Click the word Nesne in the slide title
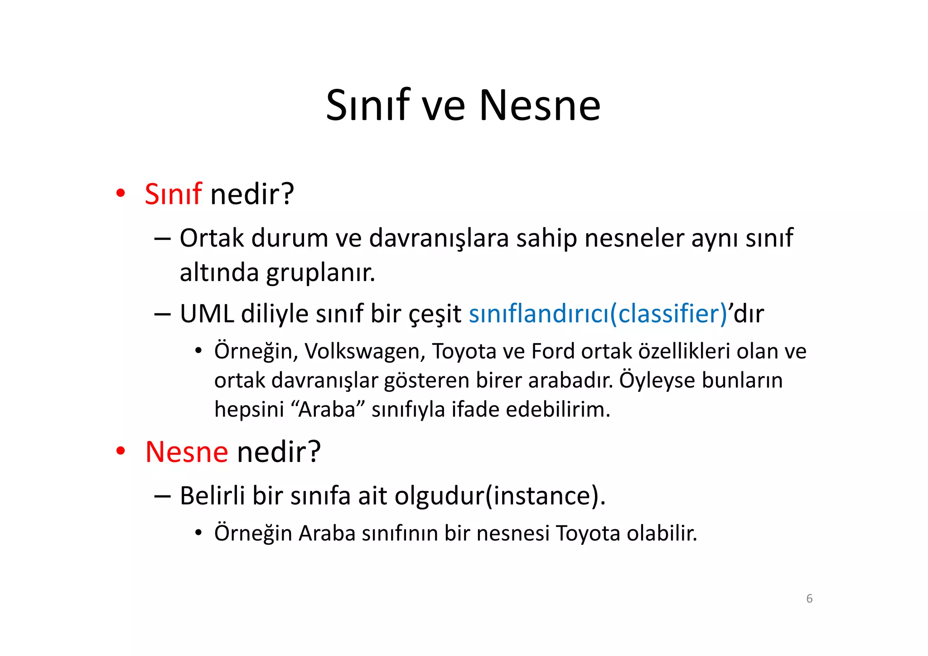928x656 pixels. (540, 106)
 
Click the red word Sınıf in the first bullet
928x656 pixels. (173, 194)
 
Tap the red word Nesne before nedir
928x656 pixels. (186, 452)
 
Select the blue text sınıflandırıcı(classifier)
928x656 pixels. (598, 314)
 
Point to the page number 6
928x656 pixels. (809, 598)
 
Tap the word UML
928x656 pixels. (207, 314)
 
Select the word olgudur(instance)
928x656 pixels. (500, 496)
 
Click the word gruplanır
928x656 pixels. (320, 273)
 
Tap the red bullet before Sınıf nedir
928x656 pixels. (120, 194)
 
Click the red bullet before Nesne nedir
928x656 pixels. (120, 451)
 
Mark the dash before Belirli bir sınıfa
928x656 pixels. (162, 496)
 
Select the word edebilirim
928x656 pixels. (558, 410)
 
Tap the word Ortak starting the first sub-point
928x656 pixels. (212, 238)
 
